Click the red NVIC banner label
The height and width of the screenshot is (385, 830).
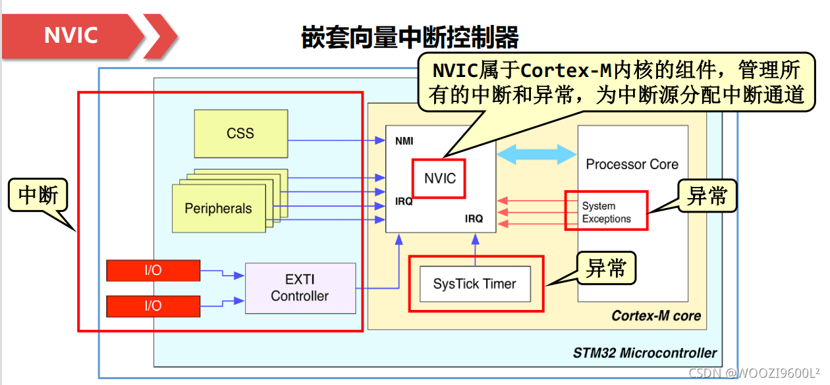click(70, 35)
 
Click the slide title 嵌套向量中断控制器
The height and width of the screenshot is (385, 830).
click(410, 38)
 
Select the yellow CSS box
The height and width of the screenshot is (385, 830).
click(240, 134)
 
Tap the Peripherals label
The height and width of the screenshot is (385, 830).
click(218, 209)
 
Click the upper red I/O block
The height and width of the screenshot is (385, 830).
click(153, 270)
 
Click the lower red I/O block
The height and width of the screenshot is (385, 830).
click(153, 305)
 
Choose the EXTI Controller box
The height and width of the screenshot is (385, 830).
click(300, 288)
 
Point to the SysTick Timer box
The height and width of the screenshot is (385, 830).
click(474, 284)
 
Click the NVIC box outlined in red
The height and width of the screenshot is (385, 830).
click(439, 178)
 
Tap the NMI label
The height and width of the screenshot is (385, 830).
click(404, 141)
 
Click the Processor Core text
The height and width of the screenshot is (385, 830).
click(632, 165)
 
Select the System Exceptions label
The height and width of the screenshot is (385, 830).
click(606, 212)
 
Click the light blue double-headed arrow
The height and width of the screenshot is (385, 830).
click(537, 155)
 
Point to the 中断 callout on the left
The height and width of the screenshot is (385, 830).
click(38, 195)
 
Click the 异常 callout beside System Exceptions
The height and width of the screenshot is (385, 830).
click(707, 196)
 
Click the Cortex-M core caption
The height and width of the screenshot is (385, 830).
click(656, 316)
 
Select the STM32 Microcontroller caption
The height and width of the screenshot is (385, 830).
click(644, 353)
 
